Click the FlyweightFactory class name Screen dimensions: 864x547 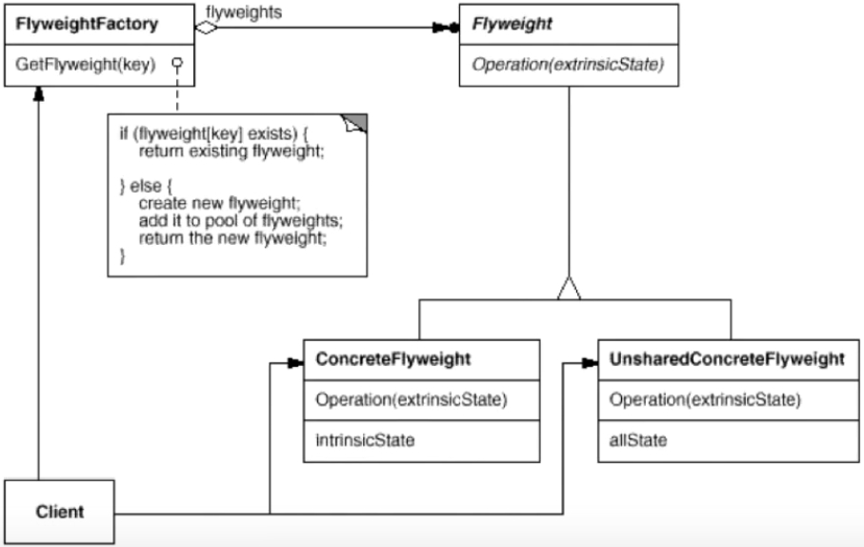tap(87, 24)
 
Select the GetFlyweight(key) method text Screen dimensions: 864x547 tap(86, 65)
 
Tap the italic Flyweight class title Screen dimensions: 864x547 tap(512, 24)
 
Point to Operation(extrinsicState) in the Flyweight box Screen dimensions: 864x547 tap(568, 65)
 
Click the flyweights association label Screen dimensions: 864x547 tap(244, 12)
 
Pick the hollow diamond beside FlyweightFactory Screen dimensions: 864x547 tap(207, 27)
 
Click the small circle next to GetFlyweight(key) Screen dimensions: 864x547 tap(177, 63)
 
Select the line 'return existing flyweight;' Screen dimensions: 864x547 tap(231, 152)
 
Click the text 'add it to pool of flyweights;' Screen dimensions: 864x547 tap(241, 220)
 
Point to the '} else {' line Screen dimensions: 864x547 tap(146, 186)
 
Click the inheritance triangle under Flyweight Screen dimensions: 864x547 tap(569, 288)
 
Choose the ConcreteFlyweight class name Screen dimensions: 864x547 tap(392, 359)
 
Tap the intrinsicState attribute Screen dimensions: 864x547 tap(365, 440)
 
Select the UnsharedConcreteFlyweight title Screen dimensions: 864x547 tap(727, 359)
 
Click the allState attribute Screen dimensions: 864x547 tap(638, 440)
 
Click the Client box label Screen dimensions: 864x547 tap(59, 512)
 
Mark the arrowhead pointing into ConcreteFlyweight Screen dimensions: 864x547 tap(296, 363)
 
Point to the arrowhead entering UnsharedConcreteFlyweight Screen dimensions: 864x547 tap(591, 363)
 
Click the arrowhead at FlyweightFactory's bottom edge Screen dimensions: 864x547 tap(38, 93)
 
